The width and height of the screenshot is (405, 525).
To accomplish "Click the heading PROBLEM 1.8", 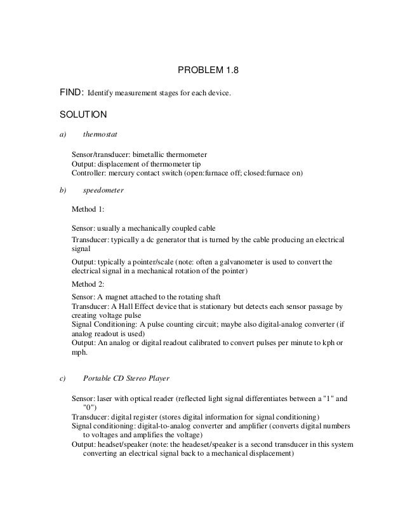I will (x=202, y=71).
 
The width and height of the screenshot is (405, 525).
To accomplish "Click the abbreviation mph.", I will (x=79, y=351).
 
